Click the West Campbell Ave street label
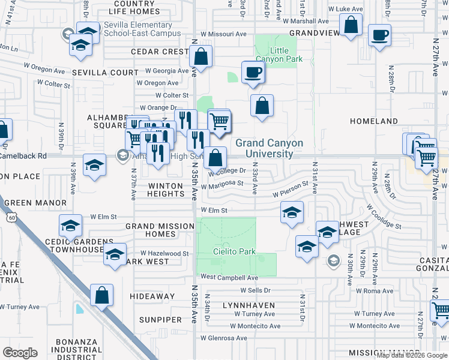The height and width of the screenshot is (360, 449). point(229,277)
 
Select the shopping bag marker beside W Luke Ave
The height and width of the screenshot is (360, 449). point(351,26)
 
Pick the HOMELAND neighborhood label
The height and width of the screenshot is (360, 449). point(374,121)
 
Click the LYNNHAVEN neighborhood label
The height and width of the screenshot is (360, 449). point(249,305)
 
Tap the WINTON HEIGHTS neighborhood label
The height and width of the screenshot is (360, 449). point(166,190)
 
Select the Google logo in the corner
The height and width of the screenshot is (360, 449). point(20,353)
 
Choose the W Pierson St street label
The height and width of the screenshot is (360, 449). point(295,193)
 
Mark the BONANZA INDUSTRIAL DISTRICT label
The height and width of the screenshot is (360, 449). point(76,350)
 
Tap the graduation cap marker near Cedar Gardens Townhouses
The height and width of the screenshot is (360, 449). point(70,226)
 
